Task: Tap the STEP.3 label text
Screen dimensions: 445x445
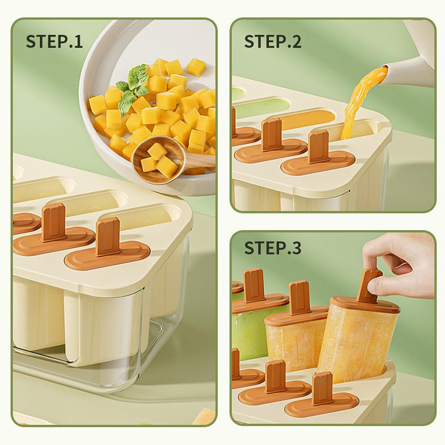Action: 272,248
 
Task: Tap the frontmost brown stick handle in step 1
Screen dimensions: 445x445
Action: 108,237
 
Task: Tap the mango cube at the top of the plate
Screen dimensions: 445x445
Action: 196,67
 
